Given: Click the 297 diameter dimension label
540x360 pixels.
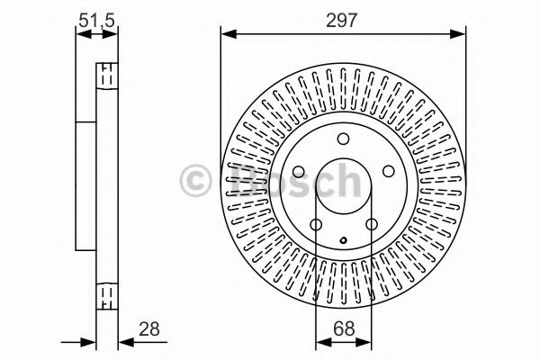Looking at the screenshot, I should tap(344, 18).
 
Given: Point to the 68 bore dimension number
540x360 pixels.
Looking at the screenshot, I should tap(342, 328).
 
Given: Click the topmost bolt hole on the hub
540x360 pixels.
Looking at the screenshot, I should tap(342, 139).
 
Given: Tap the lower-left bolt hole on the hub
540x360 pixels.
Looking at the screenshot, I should tap(316, 225).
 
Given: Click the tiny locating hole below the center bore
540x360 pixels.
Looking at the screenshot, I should tap(342, 240).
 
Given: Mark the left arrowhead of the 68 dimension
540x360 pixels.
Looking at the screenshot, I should tap(320, 342).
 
